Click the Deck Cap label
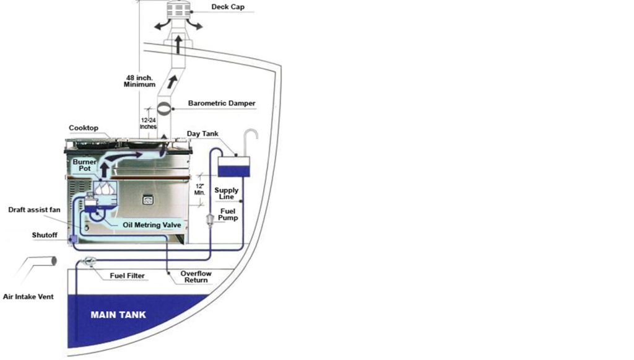coord(228,7)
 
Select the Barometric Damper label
coord(222,103)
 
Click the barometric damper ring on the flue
coord(164,109)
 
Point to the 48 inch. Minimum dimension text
coord(139,81)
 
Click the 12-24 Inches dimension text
coord(149,123)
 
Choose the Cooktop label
coord(84,128)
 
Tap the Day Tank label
coord(202,133)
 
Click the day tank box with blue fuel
coord(233,167)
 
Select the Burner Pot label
coord(84,165)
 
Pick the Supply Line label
coord(227,193)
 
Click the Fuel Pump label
coord(228,214)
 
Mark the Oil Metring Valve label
coord(152,225)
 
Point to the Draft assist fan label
coord(35,209)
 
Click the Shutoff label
coord(45,235)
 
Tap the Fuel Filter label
coord(127,276)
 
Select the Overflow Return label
coord(196,277)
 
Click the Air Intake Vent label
coord(28,297)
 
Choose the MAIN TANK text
coord(118,315)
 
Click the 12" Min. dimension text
coord(200,190)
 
